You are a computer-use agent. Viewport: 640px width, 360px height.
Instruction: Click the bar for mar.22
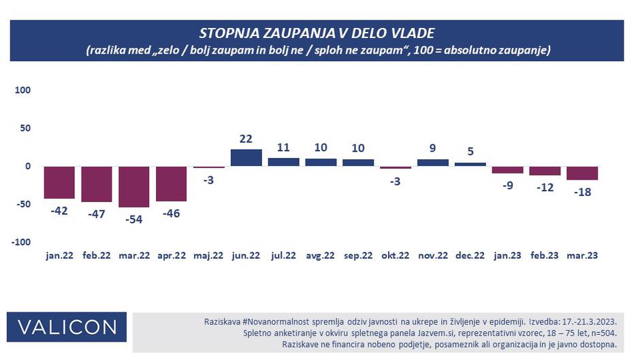pos(134,186)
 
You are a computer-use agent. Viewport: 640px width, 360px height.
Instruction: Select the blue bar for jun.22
pos(246,158)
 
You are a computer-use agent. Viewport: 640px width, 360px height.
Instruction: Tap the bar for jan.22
pos(59,182)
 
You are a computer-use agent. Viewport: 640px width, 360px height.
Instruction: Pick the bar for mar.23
pos(582,174)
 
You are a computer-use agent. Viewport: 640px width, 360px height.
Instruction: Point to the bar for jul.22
pos(283,162)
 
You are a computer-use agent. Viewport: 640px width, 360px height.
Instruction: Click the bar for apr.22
pos(172,184)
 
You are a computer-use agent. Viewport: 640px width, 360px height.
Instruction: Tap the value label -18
pos(582,191)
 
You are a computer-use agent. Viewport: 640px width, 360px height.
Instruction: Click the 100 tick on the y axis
pos(23,90)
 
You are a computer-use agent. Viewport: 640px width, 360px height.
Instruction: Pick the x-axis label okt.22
pos(396,255)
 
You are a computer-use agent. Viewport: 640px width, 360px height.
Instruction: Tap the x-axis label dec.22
pos(470,255)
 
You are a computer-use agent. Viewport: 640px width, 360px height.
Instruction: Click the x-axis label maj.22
pos(208,255)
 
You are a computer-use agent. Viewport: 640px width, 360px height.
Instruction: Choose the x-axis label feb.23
pos(545,255)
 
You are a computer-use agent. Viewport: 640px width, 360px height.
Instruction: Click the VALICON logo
pos(67,327)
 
